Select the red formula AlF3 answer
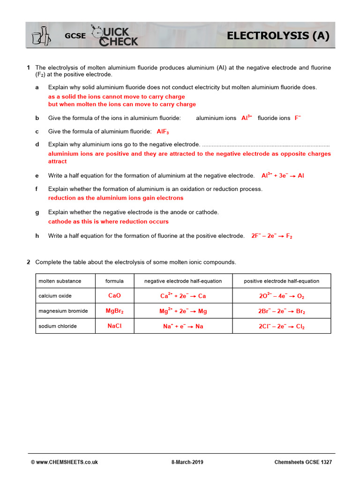point(163,132)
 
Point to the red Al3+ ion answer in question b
point(247,118)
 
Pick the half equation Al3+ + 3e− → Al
point(283,176)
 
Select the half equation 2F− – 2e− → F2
point(272,236)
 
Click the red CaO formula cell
point(114,296)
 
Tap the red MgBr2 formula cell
point(114,311)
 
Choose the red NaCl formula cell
point(114,326)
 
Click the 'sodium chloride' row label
point(58,326)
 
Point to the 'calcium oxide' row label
point(56,296)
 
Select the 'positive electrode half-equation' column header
point(281,281)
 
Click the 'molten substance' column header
point(60,281)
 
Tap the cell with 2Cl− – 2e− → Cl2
point(281,326)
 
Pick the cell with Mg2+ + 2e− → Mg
point(183,311)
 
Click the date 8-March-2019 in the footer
point(187,462)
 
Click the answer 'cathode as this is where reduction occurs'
point(108,221)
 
